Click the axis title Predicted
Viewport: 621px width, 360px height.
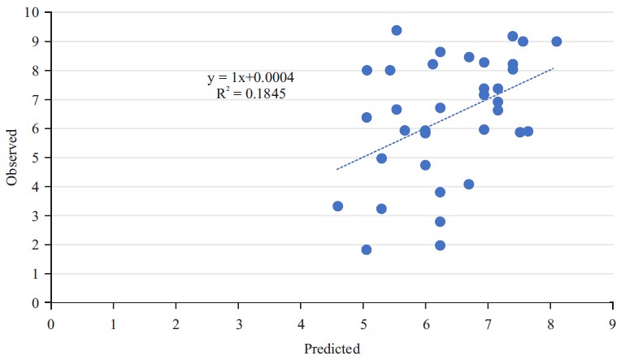pyautogui.click(x=332, y=349)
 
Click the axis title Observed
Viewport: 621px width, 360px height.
pyautogui.click(x=12, y=157)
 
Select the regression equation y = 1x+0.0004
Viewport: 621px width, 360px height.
pyautogui.click(x=250, y=78)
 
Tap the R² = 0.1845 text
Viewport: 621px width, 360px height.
pyautogui.click(x=250, y=93)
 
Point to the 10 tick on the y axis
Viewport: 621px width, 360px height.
pyautogui.click(x=33, y=12)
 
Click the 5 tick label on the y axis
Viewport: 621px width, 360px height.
pyautogui.click(x=36, y=158)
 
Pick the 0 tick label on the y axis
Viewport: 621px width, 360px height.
pyautogui.click(x=36, y=303)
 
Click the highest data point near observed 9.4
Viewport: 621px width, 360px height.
pyautogui.click(x=397, y=30)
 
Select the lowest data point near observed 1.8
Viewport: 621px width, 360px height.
pyautogui.click(x=367, y=249)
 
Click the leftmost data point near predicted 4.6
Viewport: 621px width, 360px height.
pyautogui.click(x=338, y=206)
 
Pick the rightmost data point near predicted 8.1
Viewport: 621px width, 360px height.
pyautogui.click(x=557, y=41)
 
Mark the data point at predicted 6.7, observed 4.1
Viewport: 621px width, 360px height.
pyautogui.click(x=469, y=184)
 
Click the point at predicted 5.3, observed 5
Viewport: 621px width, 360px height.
pyautogui.click(x=381, y=158)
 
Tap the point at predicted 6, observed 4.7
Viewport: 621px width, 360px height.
pyautogui.click(x=425, y=165)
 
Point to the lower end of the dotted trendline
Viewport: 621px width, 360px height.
pyautogui.click(x=337, y=170)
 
